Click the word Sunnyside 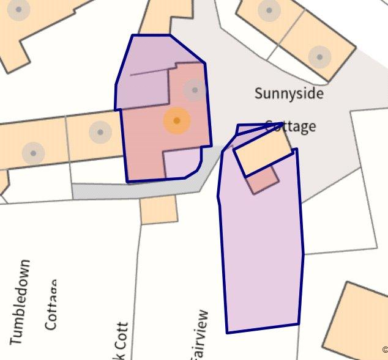click(289, 94)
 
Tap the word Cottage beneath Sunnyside click(291, 126)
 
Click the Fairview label click(201, 335)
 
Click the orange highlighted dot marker click(176, 121)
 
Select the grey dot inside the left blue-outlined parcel click(195, 90)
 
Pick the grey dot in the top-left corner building click(20, 10)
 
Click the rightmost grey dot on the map click(319, 57)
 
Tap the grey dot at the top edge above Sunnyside click(267, 10)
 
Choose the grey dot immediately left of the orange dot click(100, 131)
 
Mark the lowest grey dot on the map click(34, 152)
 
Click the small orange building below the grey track click(159, 209)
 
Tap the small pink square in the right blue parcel click(264, 179)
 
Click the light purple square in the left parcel click(182, 163)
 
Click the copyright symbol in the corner click(385, 350)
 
